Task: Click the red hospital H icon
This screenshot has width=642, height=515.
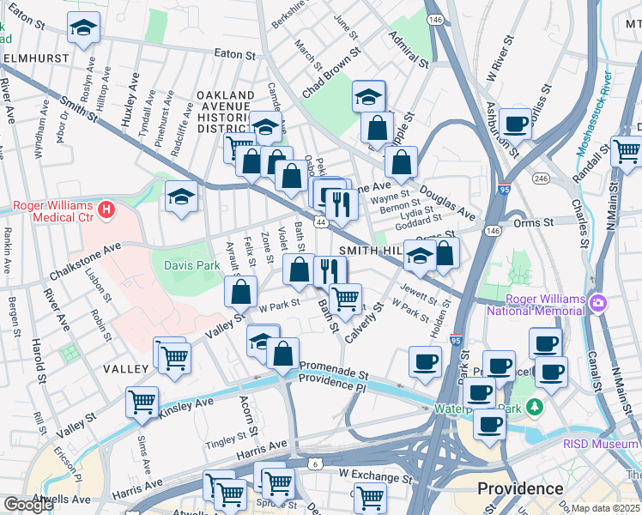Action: (106, 209)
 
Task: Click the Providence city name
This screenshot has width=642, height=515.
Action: (520, 488)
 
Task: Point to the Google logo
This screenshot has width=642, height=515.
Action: (28, 505)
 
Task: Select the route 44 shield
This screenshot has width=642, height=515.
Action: (320, 222)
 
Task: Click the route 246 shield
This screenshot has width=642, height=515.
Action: (541, 179)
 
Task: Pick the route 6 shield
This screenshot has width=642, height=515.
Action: (315, 464)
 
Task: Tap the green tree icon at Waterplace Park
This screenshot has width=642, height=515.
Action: (536, 405)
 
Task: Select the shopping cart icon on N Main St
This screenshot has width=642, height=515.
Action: (627, 151)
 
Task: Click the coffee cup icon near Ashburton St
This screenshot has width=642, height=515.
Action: (516, 124)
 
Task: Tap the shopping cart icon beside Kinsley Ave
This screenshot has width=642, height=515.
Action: (142, 401)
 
